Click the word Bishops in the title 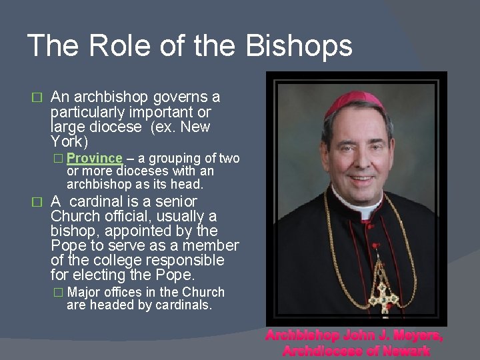299,46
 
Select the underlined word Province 95,159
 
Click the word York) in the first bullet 69,141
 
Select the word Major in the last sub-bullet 87,292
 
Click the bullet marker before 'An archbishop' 38,97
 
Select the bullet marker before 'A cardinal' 38,201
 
